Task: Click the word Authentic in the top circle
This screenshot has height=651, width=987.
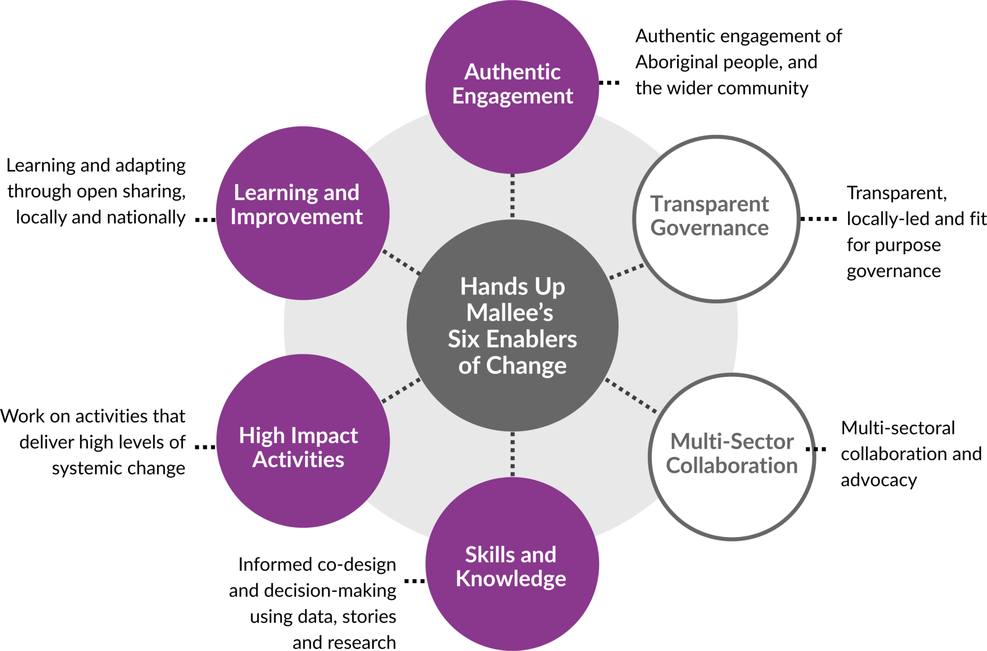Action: click(x=512, y=72)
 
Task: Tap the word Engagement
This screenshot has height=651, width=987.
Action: click(x=512, y=96)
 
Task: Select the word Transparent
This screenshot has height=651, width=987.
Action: click(x=709, y=204)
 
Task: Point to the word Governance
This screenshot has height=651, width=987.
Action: click(x=709, y=228)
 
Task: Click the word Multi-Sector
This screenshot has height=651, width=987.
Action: click(x=732, y=442)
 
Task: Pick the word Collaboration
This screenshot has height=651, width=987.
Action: click(x=732, y=466)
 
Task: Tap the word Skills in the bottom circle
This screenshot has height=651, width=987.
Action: click(x=483, y=555)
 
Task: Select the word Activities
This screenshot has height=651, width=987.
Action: click(x=298, y=460)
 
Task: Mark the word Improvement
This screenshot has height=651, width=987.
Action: click(x=296, y=217)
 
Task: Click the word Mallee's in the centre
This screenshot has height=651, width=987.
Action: click(x=510, y=312)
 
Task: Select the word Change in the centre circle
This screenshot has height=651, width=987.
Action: click(x=526, y=366)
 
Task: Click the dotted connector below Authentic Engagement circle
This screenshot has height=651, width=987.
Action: click(x=512, y=196)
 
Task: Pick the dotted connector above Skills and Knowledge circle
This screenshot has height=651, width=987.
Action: click(x=512, y=454)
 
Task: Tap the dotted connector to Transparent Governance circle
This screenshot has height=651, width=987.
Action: click(x=627, y=271)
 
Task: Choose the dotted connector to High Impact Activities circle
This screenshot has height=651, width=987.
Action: click(x=401, y=391)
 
